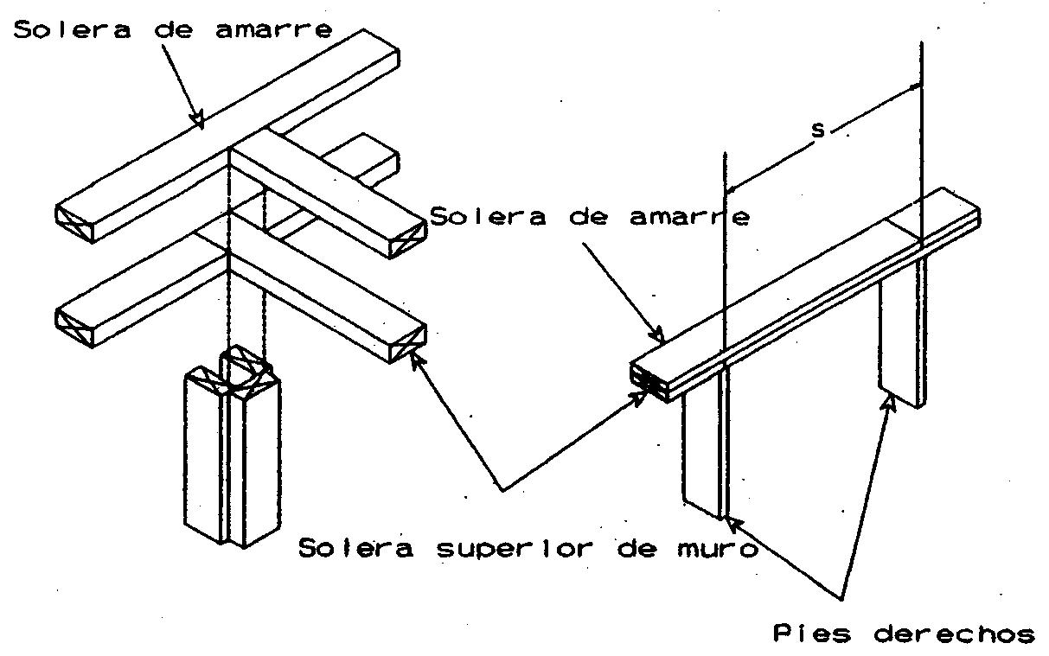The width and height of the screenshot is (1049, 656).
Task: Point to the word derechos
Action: (x=954, y=634)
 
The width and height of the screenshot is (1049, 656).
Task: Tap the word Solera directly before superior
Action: (x=356, y=549)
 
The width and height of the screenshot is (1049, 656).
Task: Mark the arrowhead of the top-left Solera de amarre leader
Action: (x=199, y=121)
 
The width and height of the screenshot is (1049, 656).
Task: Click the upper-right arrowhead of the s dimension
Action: (x=917, y=86)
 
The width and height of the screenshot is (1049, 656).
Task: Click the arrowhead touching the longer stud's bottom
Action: (x=732, y=521)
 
